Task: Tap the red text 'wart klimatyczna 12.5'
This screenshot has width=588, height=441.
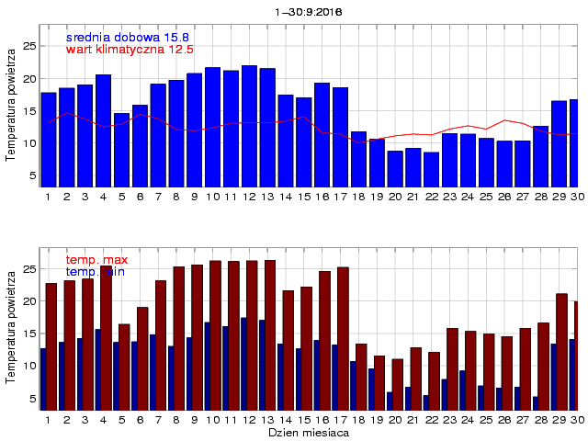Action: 130,49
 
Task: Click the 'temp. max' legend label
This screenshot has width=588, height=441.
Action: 96,260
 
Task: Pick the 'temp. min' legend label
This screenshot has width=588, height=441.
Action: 95,272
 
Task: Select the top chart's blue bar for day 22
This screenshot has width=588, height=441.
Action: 431,169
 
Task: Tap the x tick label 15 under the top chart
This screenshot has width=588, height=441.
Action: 303,197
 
